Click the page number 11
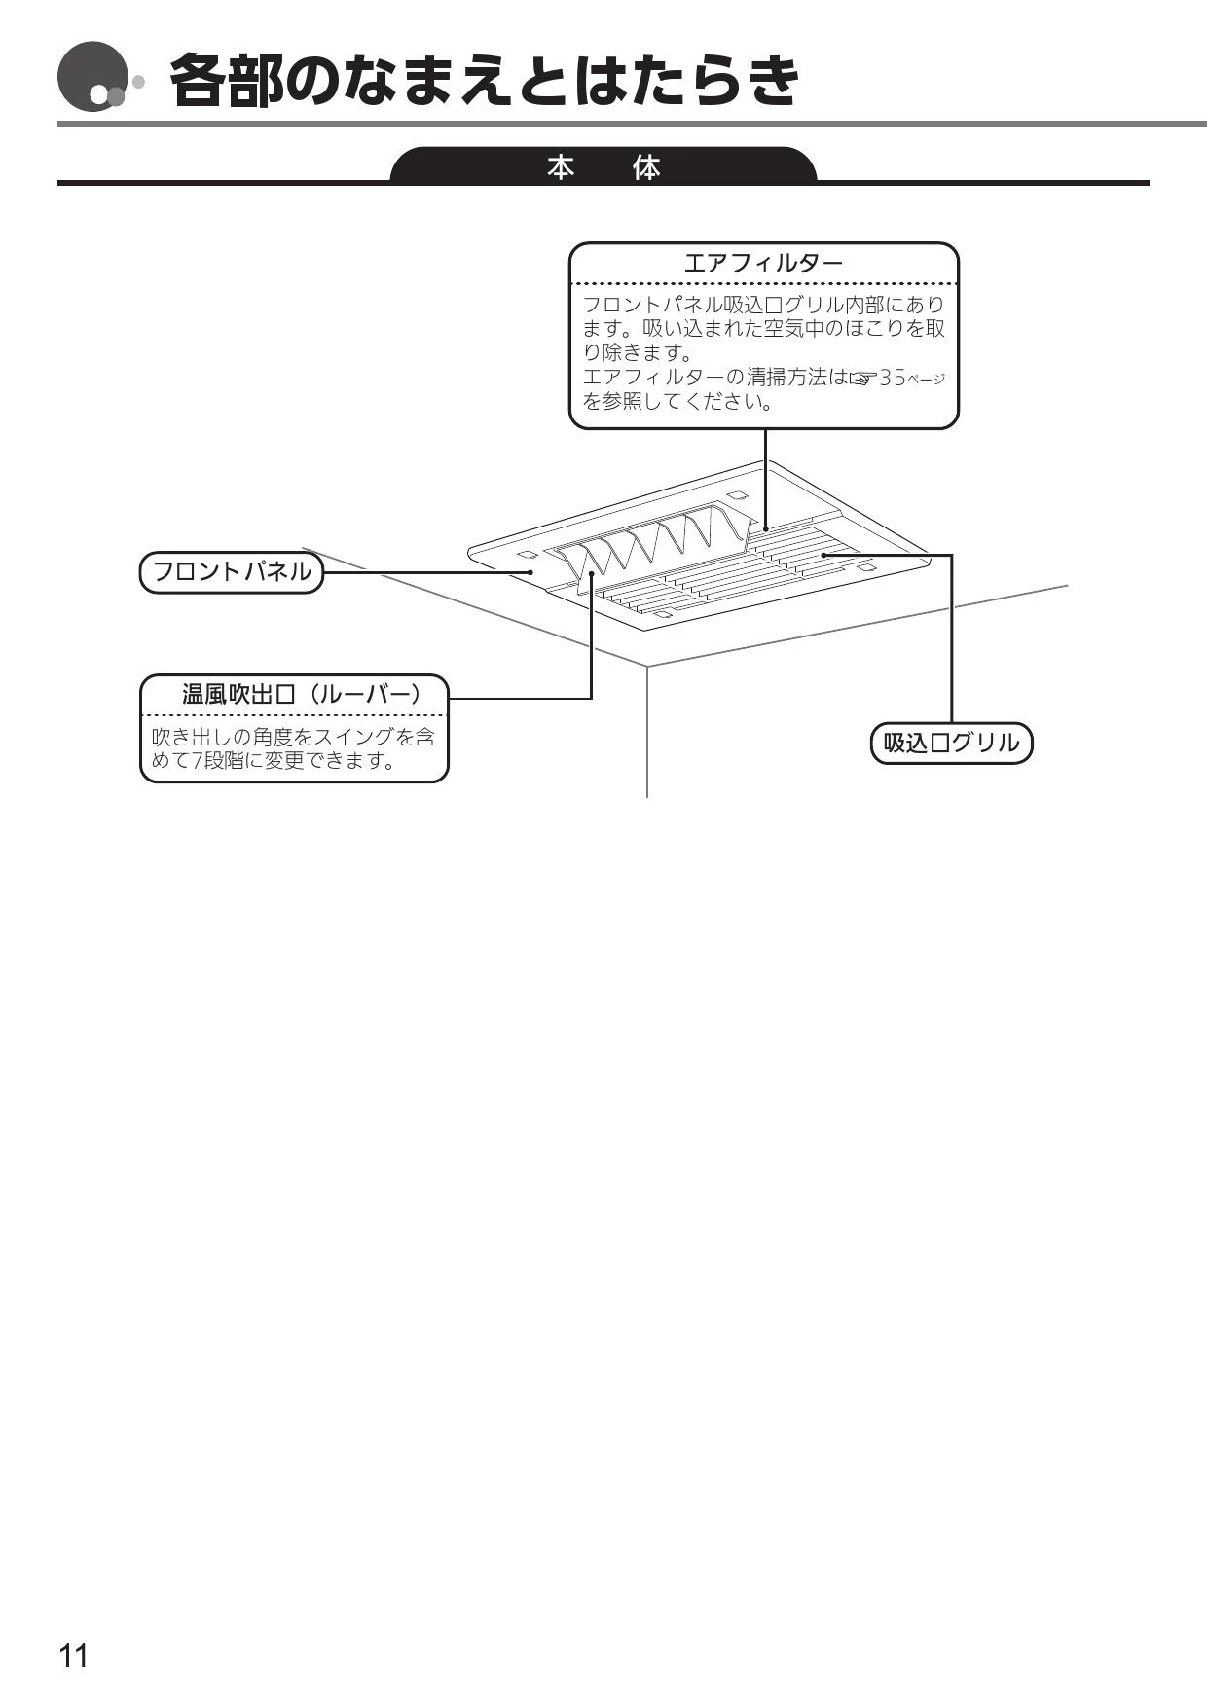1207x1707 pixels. pyautogui.click(x=74, y=1654)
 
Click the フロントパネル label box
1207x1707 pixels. pyautogui.click(x=232, y=571)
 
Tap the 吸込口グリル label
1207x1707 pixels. pyautogui.click(x=951, y=743)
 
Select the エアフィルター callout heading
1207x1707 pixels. pyautogui.click(x=763, y=263)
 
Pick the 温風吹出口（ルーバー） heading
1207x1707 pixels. pyautogui.click(x=303, y=694)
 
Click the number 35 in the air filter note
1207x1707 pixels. pyautogui.click(x=893, y=378)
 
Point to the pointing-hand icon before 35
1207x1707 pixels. pyautogui.click(x=863, y=379)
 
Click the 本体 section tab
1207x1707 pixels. pyautogui.click(x=603, y=166)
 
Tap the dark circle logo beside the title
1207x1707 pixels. pyautogui.click(x=92, y=78)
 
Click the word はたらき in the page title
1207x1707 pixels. pyautogui.click(x=686, y=80)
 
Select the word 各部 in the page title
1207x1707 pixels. pyautogui.click(x=228, y=80)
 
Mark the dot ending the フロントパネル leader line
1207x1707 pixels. pyautogui.click(x=530, y=572)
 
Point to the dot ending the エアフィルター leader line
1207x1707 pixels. pyautogui.click(x=765, y=529)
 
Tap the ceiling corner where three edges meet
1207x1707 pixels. pyautogui.click(x=647, y=667)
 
